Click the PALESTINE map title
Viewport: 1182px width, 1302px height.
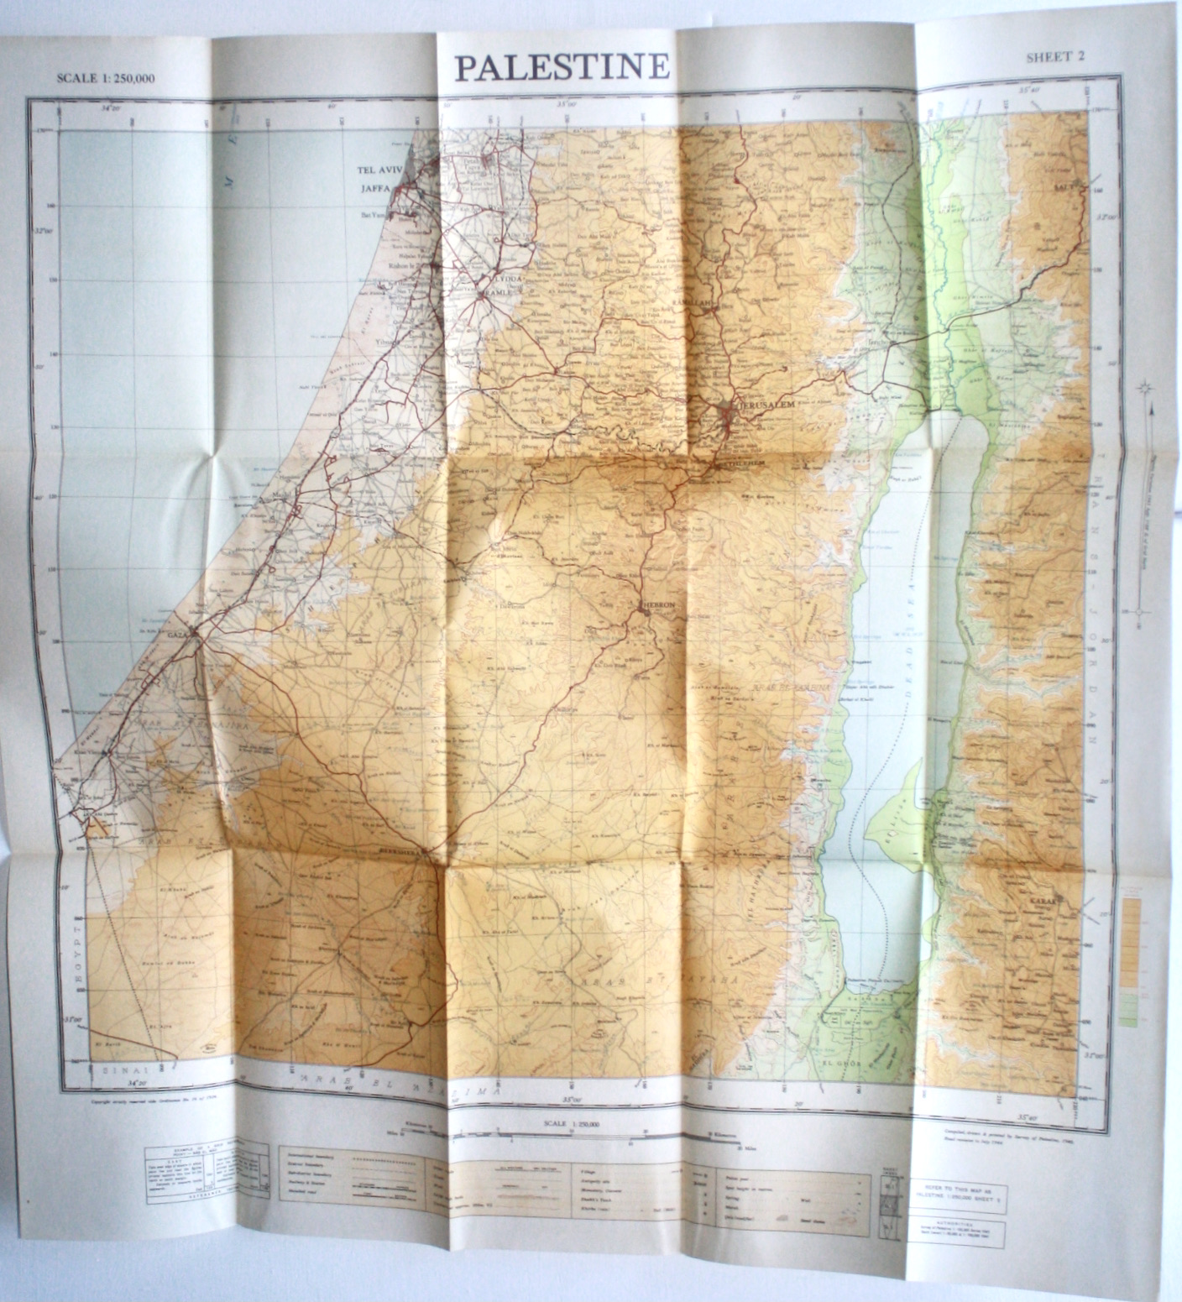click(562, 67)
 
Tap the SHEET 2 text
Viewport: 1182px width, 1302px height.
click(1055, 57)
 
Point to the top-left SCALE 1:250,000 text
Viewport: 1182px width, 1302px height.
click(106, 79)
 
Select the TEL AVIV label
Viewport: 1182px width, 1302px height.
click(381, 170)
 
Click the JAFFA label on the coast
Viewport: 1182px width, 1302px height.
click(377, 189)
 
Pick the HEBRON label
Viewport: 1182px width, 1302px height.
click(657, 604)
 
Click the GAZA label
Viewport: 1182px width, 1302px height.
click(178, 635)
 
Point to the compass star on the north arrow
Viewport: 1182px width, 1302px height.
click(1144, 388)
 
